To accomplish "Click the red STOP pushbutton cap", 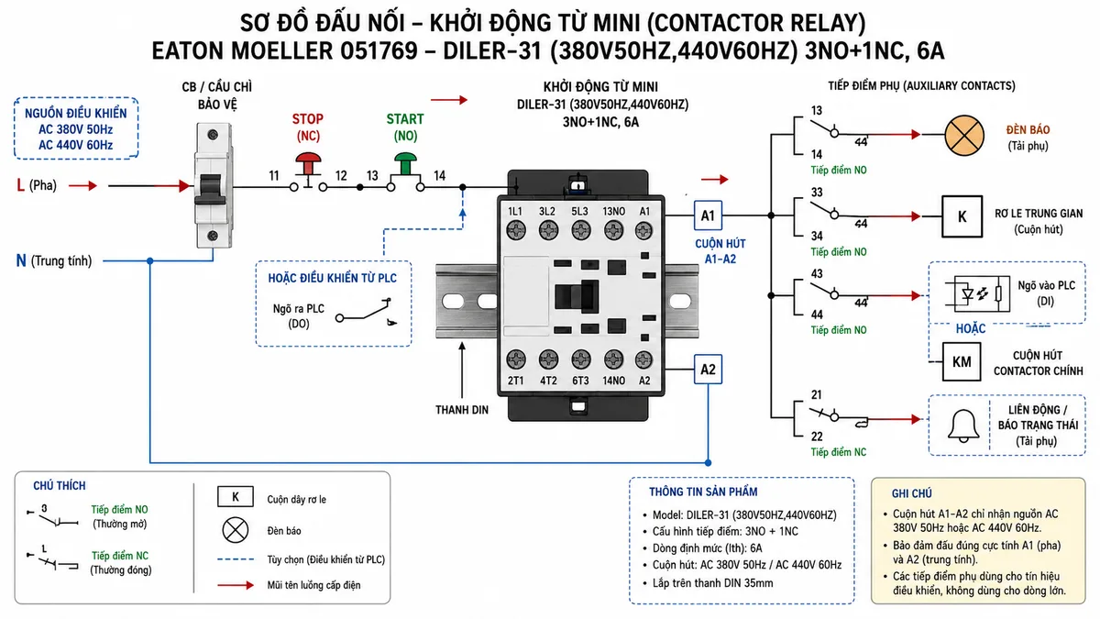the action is tap(308, 159).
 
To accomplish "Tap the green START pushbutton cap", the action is tap(405, 158).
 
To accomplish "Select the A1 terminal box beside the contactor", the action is tap(708, 216).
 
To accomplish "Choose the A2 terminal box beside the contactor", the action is tap(708, 369).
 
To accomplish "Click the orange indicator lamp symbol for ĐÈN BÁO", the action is tap(964, 135).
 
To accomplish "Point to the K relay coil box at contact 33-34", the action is tap(962, 216).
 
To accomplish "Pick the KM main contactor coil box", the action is tap(962, 362).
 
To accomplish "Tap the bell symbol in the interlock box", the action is tap(963, 426).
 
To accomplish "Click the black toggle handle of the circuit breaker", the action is tap(211, 189).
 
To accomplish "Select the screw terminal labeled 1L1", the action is tap(515, 230).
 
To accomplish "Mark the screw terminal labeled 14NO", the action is tap(613, 359).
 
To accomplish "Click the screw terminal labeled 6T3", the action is tap(581, 359).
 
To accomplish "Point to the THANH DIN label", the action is tap(462, 410).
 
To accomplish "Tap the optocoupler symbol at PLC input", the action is tap(977, 293).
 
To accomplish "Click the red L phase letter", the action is tap(20, 185).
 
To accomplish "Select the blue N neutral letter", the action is tap(21, 260).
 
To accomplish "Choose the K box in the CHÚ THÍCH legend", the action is tap(236, 497).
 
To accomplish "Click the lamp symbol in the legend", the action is tap(236, 530).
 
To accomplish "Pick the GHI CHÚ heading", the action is tap(912, 493).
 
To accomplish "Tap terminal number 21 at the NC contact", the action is tap(816, 394).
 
